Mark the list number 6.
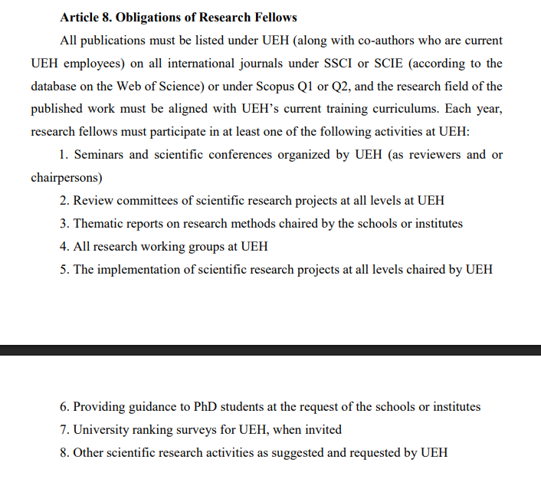pos(64,407)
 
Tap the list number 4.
pos(64,247)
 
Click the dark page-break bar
pos(270,349)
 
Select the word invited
pos(323,430)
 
